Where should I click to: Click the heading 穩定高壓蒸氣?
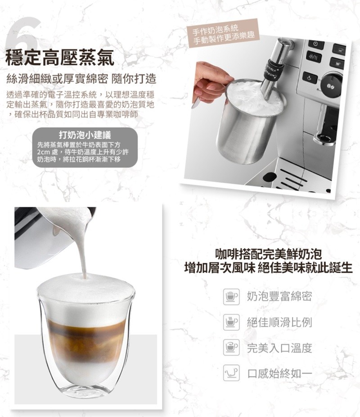coord(60,58)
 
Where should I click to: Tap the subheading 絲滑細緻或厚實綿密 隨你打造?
coord(81,79)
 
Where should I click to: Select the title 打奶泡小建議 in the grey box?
coord(85,135)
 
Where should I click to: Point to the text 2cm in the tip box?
coord(44,152)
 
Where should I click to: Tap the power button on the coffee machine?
coord(315,44)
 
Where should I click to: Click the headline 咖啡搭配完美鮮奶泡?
coord(268,254)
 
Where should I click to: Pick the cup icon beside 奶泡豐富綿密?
coord(231,296)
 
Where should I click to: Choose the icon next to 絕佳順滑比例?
coord(231,322)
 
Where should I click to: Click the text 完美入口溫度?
coord(279,348)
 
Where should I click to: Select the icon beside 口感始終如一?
coord(231,373)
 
